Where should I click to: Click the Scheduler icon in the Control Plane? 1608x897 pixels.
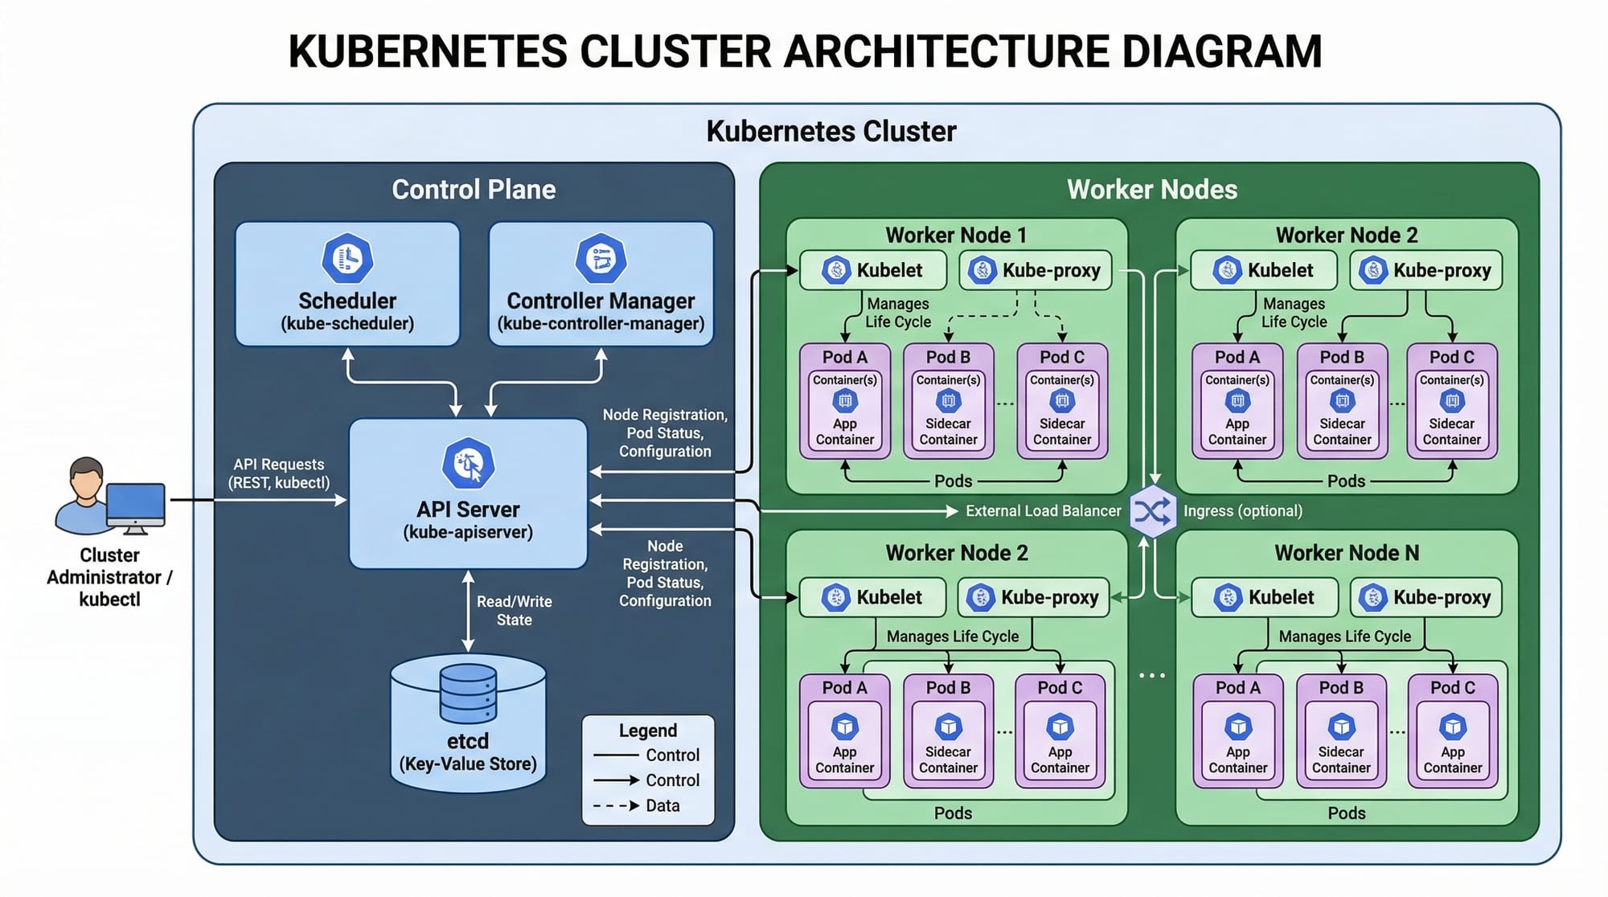(x=347, y=259)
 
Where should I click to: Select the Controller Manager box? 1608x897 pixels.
(x=601, y=285)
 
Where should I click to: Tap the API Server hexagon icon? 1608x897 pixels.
(x=468, y=464)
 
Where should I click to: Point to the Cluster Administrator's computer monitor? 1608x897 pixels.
(x=135, y=505)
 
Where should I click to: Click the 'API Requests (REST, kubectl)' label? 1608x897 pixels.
(x=278, y=473)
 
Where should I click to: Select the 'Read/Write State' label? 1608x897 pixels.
(x=514, y=610)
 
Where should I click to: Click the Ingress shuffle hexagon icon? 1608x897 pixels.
(x=1152, y=511)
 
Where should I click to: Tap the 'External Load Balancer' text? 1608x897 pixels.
(x=1043, y=511)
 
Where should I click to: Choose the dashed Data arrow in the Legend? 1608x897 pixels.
(x=616, y=805)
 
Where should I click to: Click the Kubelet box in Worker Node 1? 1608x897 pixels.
(x=872, y=270)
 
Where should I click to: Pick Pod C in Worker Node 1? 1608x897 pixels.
(x=1061, y=401)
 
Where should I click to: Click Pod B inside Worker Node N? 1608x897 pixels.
(x=1341, y=731)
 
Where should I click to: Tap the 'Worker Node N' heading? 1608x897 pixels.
(x=1346, y=553)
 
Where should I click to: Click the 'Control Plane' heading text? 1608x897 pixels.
(x=474, y=190)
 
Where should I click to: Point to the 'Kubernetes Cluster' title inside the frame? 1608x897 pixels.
(x=831, y=131)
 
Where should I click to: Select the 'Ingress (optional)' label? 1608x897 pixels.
(x=1242, y=511)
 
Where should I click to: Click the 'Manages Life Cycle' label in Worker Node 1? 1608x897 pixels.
(x=897, y=313)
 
